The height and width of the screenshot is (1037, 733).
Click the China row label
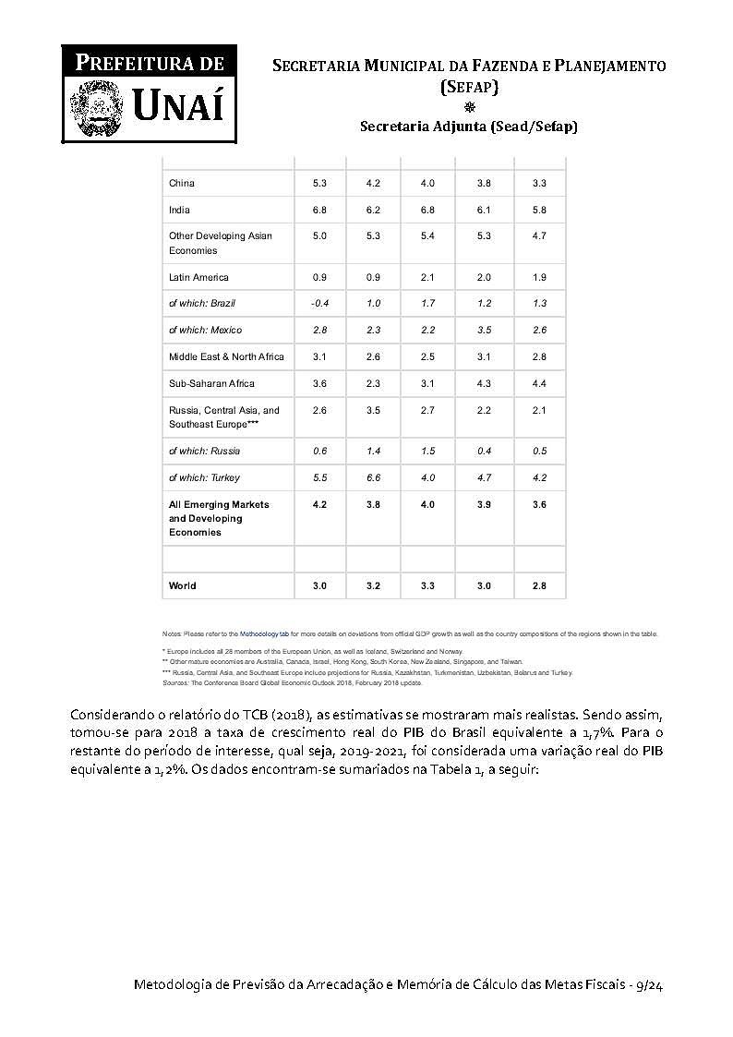[182, 183]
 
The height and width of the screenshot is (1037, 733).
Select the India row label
[179, 210]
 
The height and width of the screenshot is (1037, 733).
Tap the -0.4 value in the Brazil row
[319, 303]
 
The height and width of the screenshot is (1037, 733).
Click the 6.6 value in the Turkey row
[373, 477]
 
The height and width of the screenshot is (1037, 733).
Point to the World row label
[182, 585]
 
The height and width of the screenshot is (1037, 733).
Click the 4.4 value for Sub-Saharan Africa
[539, 383]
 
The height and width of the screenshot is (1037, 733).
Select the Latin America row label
[198, 277]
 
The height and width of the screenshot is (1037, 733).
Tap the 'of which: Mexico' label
[205, 330]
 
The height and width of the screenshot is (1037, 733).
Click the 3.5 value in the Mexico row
[484, 330]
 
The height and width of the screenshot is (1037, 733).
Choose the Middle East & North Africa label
[226, 356]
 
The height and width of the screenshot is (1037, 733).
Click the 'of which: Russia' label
[204, 451]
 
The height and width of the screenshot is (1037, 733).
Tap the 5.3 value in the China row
[319, 183]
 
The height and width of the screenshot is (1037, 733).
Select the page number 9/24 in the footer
[649, 986]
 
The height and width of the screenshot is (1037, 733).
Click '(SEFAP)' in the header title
[469, 87]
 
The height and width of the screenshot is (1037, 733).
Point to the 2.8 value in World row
[539, 585]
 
